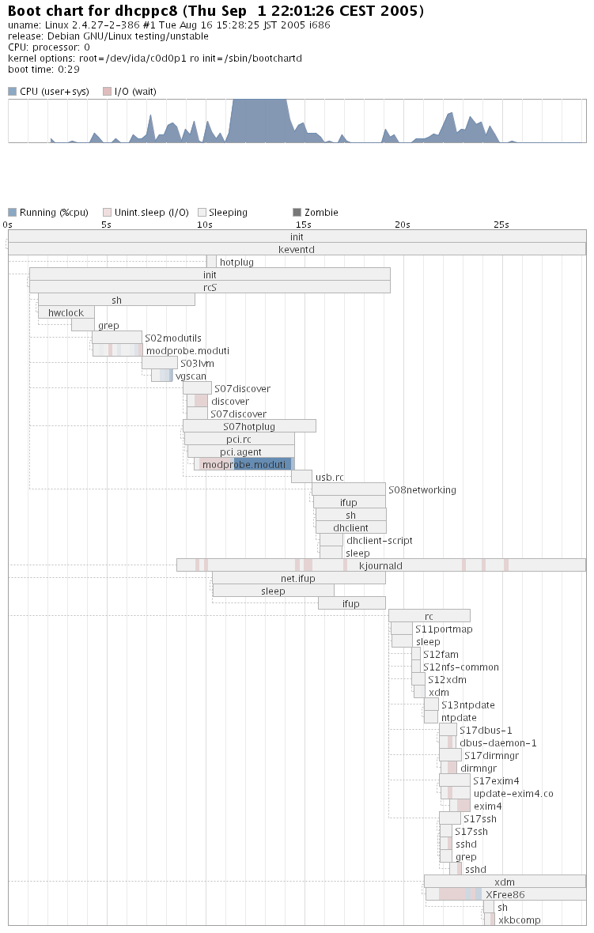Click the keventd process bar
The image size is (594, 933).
tap(297, 249)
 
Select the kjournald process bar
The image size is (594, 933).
tap(380, 565)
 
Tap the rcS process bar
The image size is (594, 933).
tap(210, 287)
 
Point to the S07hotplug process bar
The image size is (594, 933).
tap(249, 426)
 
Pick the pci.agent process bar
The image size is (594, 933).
tap(240, 451)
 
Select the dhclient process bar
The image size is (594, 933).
tap(350, 527)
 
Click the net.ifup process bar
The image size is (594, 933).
tap(298, 578)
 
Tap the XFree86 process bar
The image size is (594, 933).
tap(505, 894)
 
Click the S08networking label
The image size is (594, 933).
tap(422, 489)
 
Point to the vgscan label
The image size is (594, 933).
tap(191, 376)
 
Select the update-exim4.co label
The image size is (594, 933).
tap(513, 793)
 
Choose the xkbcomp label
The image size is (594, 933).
tap(519, 920)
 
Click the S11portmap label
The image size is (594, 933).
tap(444, 629)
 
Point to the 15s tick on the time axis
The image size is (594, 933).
tap(304, 225)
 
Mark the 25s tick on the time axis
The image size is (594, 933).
tap(501, 225)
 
